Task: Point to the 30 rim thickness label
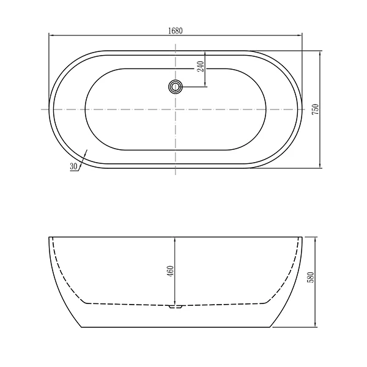coord(73,166)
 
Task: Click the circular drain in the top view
coord(176,87)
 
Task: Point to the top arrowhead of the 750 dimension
coord(321,53)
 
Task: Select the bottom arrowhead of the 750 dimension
coord(321,166)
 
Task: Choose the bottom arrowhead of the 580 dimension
coord(315,326)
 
